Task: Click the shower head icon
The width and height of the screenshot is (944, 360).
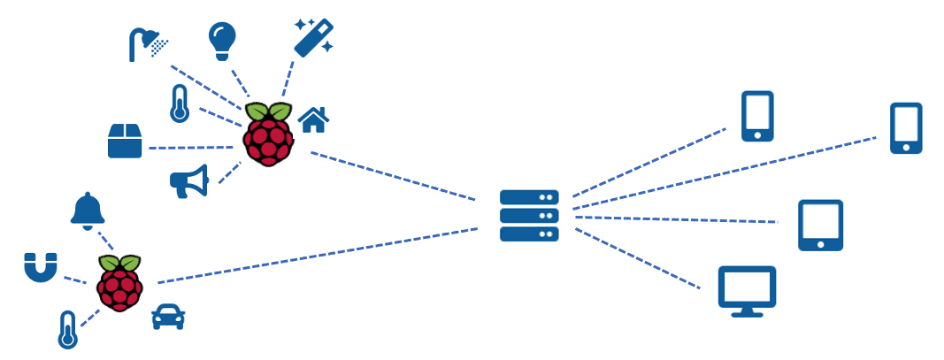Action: (147, 44)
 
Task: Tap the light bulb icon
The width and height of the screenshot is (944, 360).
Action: (222, 39)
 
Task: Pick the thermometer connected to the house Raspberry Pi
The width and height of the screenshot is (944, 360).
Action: (180, 103)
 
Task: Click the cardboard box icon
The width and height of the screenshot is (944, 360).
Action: (125, 141)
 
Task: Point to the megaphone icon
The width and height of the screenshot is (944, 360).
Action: (188, 181)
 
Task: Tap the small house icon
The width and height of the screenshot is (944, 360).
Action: (313, 119)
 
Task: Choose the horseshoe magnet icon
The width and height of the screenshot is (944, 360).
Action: (41, 265)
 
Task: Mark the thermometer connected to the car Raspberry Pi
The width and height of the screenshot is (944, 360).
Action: (67, 329)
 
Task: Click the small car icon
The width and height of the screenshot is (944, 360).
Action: (168, 316)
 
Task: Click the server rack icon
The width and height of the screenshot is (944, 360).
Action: (529, 215)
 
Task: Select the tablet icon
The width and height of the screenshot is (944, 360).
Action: (820, 225)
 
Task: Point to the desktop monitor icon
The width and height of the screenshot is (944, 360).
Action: (747, 290)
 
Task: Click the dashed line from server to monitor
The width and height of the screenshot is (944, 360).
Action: (637, 258)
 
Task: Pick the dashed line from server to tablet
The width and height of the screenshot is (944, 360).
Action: (677, 218)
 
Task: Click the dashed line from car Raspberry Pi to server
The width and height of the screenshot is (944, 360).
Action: (319, 256)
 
